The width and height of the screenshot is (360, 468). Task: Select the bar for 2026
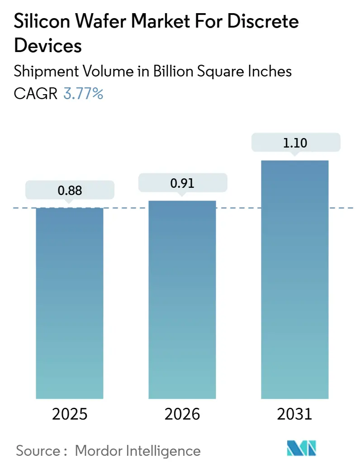coord(182,299)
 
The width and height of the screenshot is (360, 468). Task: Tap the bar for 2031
coord(295,279)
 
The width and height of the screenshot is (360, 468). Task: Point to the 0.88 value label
coord(70,191)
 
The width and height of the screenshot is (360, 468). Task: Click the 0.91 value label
coord(182,183)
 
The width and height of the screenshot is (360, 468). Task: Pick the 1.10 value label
coord(295,143)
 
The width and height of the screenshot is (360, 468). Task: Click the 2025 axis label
coord(70,414)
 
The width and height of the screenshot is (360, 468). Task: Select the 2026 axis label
coord(182,414)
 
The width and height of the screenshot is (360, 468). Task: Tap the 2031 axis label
coord(295,414)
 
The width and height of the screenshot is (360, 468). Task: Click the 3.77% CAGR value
coord(83,94)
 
